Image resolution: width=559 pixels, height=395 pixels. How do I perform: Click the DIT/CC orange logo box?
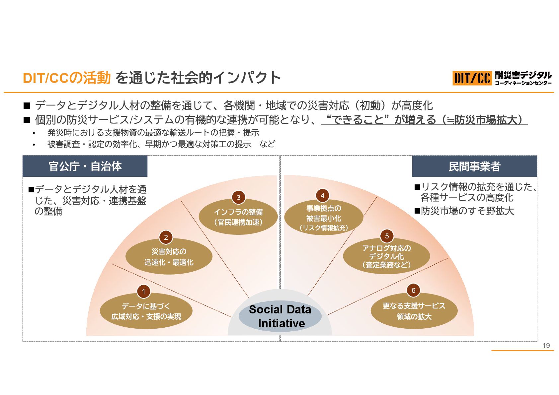tap(472, 78)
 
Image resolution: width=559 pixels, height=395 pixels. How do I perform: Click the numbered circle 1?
tap(144, 292)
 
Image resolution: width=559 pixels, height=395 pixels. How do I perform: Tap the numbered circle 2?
tap(166, 237)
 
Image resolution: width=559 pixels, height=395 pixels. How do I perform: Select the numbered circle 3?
tap(238, 198)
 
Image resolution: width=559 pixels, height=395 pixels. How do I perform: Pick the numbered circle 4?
tap(322, 196)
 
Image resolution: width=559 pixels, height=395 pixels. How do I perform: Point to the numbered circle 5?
tap(387, 236)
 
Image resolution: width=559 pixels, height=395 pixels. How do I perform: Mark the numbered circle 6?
tap(413, 290)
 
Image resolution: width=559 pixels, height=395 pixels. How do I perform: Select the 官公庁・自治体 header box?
tap(85, 166)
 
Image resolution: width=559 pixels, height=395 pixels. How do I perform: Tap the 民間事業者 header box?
tap(474, 166)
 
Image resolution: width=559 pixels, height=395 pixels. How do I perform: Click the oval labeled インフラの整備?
tap(238, 217)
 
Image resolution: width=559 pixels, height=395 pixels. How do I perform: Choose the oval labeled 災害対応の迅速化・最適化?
tap(169, 257)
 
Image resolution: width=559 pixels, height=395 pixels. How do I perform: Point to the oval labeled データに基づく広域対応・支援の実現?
tap(146, 311)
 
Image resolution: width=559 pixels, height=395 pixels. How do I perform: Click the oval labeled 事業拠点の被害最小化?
tap(323, 218)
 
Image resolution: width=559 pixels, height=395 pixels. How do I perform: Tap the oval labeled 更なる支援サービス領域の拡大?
tap(414, 311)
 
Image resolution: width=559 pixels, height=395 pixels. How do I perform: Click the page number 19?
tap(546, 345)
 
